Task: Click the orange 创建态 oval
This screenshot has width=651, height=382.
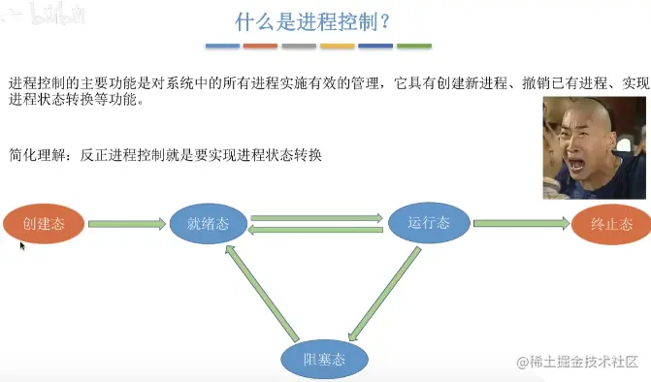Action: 43,224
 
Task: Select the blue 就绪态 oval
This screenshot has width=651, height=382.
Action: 209,224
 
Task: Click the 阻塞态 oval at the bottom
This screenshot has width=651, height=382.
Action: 324,361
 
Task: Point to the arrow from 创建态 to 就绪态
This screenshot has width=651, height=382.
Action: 127,224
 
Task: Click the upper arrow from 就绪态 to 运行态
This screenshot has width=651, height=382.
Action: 316,218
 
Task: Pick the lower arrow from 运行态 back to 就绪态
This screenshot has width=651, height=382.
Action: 316,229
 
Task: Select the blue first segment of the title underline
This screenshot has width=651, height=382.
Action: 223,46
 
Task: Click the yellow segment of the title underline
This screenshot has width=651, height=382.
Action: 338,46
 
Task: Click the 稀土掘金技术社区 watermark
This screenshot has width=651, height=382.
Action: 582,363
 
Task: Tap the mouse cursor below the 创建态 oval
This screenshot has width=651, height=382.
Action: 22,246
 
